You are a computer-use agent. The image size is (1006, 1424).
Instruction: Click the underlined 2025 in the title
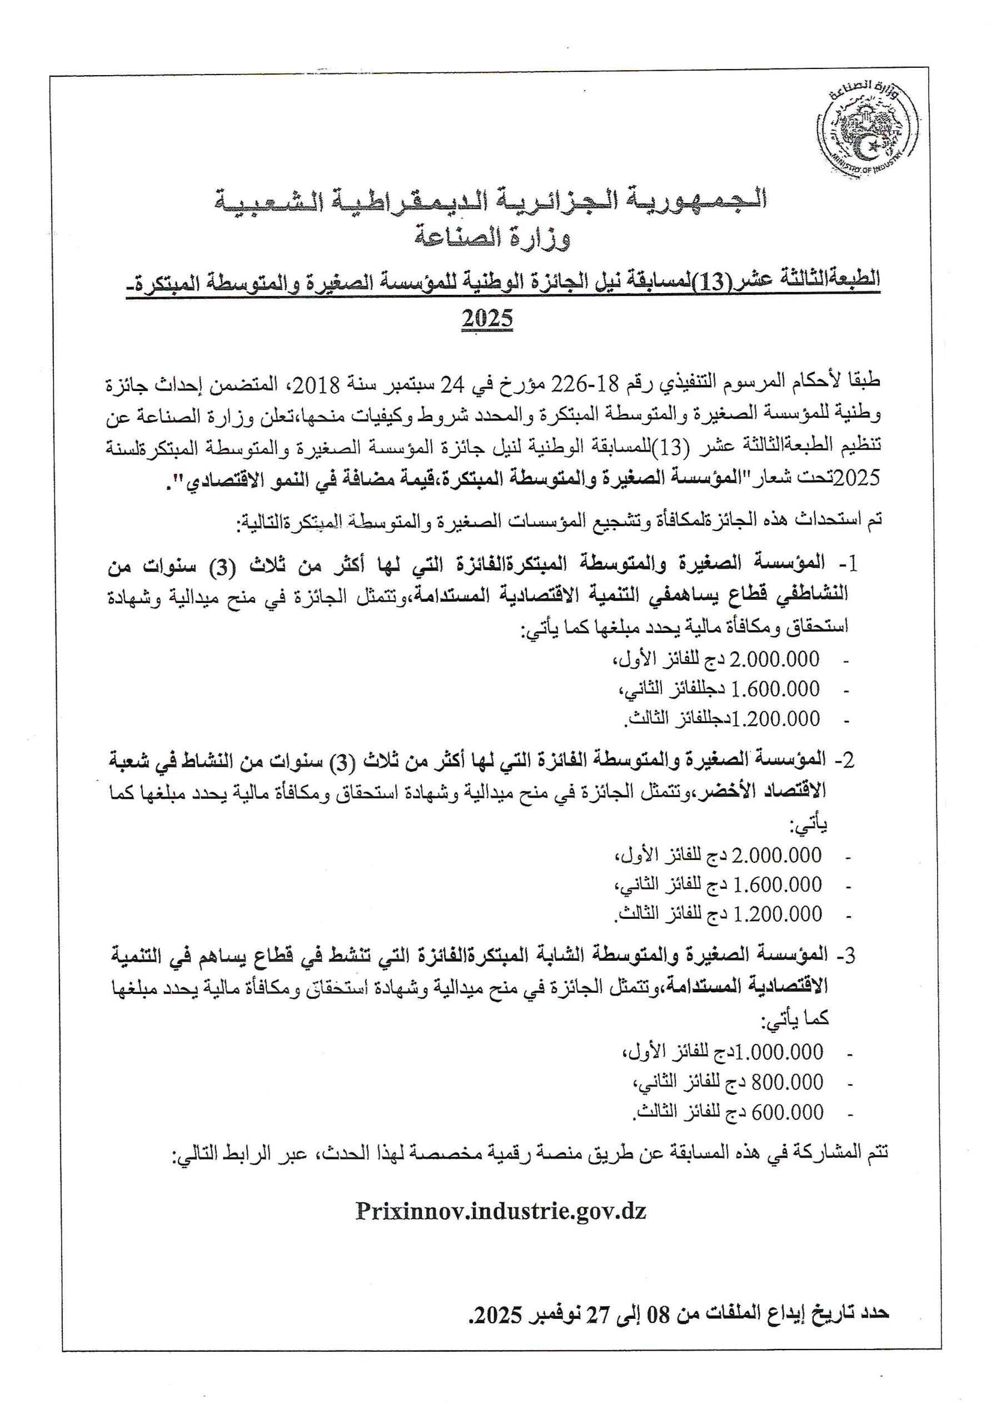[487, 319]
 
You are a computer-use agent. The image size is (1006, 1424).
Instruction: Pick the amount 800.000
[787, 1082]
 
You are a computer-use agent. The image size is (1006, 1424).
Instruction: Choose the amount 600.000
[787, 1112]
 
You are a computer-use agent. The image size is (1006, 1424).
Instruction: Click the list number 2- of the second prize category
[845, 760]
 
